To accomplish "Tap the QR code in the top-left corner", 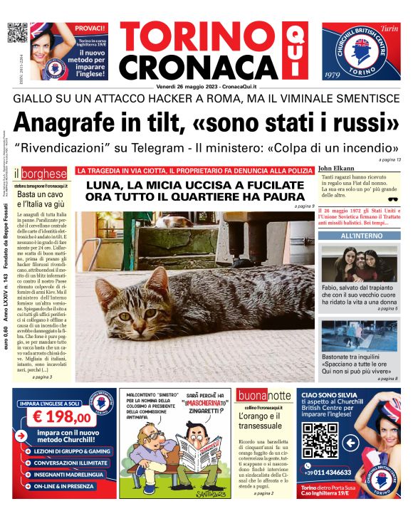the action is [x=17, y=33].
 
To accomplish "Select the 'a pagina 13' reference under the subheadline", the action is [x=390, y=159].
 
